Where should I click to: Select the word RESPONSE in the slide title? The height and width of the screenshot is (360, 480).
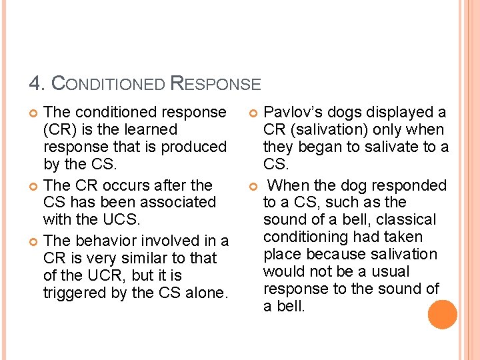pyautogui.click(x=216, y=84)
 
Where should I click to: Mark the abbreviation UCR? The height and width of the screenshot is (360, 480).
pyautogui.click(x=97, y=275)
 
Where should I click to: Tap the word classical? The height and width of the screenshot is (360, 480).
pyautogui.click(x=408, y=219)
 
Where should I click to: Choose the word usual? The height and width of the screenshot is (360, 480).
pyautogui.click(x=389, y=271)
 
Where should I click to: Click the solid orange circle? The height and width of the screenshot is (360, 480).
pyautogui.click(x=443, y=315)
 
